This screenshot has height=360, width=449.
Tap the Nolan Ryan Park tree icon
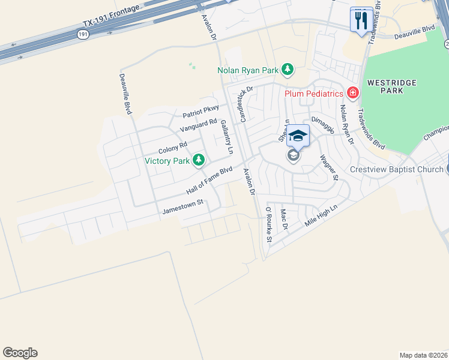pos(288,70)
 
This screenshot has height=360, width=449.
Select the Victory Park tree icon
pos(198,160)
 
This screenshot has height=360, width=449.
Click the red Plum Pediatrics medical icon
pos(352,93)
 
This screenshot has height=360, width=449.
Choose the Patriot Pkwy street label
pos(200,111)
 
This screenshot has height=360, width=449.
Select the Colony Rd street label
pos(173,147)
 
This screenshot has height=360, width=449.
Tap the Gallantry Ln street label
pos(226,134)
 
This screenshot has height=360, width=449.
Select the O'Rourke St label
pos(270,225)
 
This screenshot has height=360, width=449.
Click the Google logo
pos(20,353)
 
